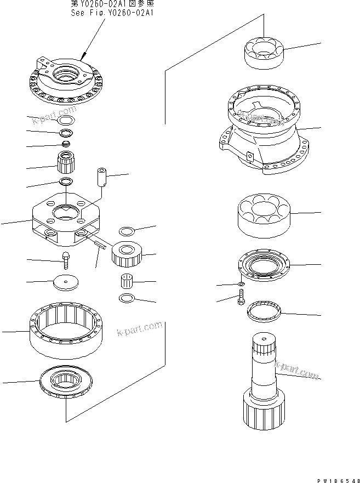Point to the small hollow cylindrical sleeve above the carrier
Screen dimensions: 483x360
[101, 178]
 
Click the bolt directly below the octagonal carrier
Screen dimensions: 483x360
[66, 259]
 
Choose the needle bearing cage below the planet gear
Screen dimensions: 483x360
[128, 283]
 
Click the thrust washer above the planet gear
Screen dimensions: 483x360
[127, 229]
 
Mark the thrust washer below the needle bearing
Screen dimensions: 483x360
[127, 298]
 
